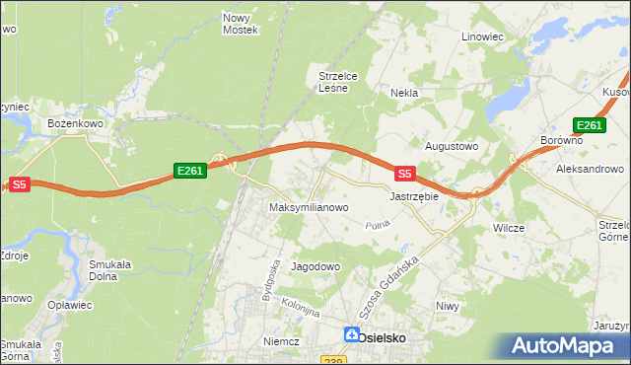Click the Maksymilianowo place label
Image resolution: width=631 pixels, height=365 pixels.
(309, 208)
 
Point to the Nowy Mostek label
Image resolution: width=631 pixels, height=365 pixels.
(241, 24)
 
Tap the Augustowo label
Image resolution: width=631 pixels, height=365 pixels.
(451, 146)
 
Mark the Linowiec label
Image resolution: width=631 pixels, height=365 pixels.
(483, 36)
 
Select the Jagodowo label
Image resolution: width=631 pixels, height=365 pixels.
(315, 267)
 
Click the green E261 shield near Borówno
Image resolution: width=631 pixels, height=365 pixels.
(589, 125)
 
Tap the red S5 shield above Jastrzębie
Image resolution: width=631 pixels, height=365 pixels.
(404, 174)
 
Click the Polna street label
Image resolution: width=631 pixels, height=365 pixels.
(377, 226)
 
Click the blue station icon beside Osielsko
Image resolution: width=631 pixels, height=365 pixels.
(351, 335)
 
